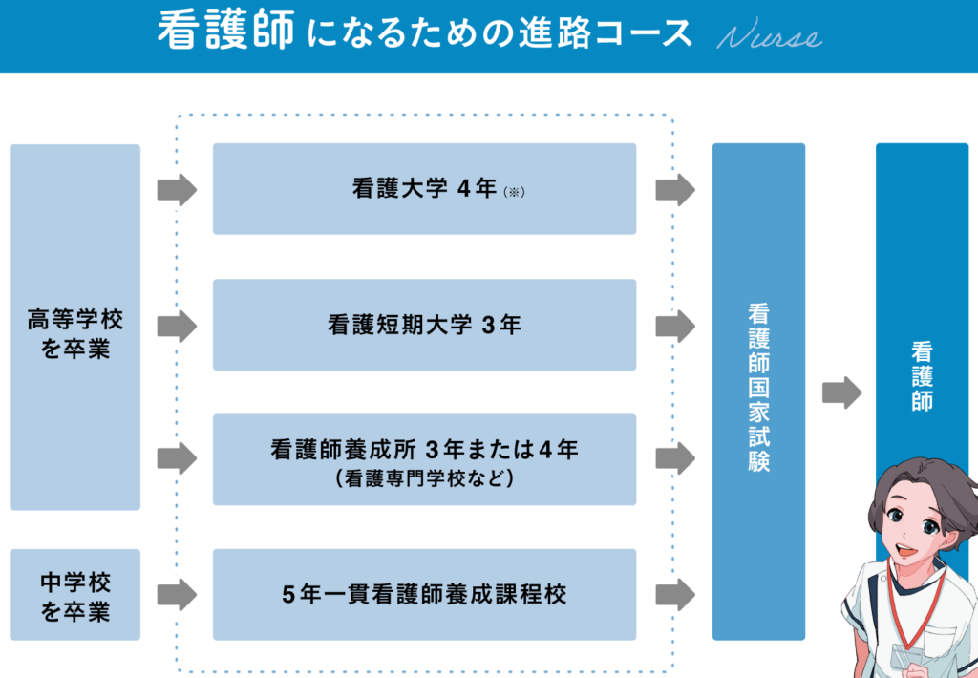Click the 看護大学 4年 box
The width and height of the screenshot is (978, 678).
tap(424, 189)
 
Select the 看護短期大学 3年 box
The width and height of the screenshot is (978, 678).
tap(424, 325)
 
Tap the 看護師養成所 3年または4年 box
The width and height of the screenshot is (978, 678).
tap(424, 459)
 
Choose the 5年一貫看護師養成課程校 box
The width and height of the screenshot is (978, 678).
tap(424, 594)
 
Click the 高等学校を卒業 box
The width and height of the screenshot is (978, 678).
tap(75, 327)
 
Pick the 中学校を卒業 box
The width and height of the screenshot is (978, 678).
tap(75, 594)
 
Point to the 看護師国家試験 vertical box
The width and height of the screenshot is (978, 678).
tap(759, 391)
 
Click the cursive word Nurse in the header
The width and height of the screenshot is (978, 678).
tap(769, 37)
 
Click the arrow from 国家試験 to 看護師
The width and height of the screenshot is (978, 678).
tap(841, 392)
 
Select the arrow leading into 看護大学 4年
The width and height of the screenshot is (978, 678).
tap(177, 190)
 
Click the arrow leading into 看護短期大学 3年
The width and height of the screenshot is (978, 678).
tap(177, 327)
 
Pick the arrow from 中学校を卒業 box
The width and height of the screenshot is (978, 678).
tap(177, 595)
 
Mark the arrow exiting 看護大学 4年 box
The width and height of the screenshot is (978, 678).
tap(675, 190)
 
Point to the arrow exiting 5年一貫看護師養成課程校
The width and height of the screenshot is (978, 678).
tap(675, 595)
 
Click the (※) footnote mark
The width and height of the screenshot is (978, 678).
tap(515, 192)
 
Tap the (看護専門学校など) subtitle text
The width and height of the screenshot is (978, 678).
tap(425, 477)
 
